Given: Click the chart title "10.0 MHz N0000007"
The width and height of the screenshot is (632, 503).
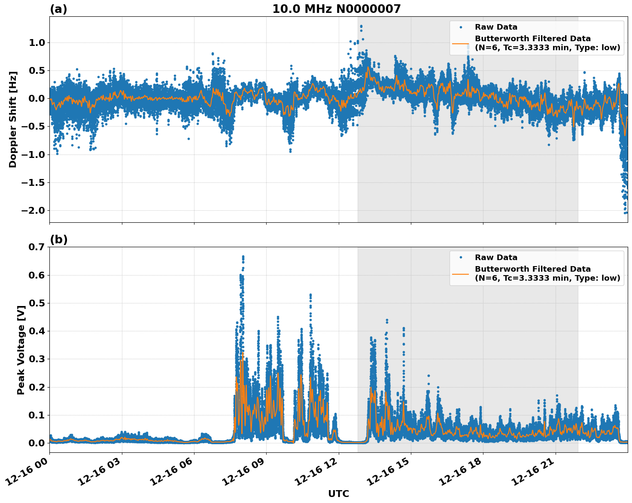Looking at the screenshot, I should pos(336,9).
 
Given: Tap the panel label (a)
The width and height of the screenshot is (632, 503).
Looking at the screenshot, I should pos(58,9).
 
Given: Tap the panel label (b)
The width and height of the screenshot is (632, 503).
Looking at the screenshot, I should pos(58,239).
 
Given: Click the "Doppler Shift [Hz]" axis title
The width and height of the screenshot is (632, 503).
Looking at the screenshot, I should pos(13,119).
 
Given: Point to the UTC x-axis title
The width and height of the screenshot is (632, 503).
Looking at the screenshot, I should pos(338,494).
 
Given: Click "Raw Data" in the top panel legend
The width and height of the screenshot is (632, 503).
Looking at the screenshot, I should pos(496,27).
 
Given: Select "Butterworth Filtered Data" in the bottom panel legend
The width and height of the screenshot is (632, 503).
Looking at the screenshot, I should pos(532,269).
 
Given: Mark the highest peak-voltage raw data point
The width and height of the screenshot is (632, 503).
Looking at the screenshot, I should pos(243,257).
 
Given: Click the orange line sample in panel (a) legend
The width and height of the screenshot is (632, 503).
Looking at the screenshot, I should pos(460,43).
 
